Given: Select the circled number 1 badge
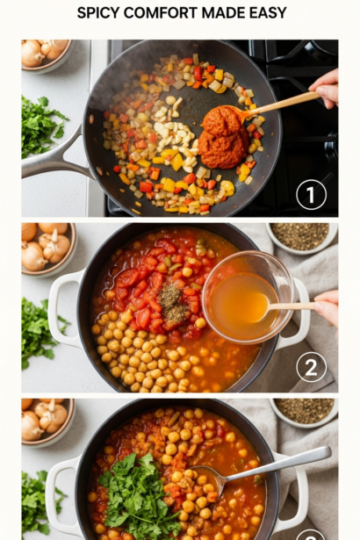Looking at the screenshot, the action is point(311,195).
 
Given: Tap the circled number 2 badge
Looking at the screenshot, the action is point(311,367).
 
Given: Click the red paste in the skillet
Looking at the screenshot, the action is point(223,137).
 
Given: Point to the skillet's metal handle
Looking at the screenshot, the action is point(55,156).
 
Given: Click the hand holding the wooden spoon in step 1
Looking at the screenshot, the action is point(325,89).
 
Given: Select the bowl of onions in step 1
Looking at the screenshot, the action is point(46,55).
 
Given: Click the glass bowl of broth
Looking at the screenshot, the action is point(248,298).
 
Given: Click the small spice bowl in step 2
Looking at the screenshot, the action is point(301,238).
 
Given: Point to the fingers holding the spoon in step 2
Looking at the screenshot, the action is point(327,307).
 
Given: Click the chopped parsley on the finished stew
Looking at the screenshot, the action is point(138,495).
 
